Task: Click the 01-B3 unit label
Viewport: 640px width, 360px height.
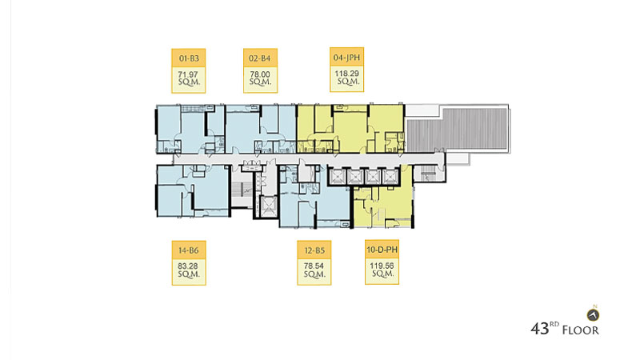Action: pos(189,58)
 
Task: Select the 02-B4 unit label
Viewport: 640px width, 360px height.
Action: pos(260,58)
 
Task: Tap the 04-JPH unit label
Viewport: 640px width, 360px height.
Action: pos(346,58)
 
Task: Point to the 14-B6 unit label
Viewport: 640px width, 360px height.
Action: pos(189,250)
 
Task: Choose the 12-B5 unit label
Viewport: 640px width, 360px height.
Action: pos(314,250)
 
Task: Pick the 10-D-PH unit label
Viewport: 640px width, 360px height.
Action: pos(382,250)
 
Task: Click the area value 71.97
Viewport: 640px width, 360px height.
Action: pos(188,74)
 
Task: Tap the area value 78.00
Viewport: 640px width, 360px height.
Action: pos(260,74)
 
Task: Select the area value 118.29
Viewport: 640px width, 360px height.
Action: pos(347,74)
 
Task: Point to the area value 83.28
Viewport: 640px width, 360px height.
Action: pos(188,266)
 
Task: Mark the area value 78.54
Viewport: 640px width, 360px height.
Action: pos(314,266)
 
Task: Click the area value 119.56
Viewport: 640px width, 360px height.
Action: pos(382,266)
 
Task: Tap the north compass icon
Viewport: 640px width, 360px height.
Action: pos(593,314)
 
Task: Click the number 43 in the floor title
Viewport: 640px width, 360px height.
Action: pos(539,329)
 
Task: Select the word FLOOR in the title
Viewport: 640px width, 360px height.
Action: pos(581,330)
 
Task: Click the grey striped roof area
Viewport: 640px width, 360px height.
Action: pos(457,129)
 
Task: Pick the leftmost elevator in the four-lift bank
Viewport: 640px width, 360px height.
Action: pos(338,176)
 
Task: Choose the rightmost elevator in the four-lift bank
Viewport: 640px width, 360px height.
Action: pos(390,176)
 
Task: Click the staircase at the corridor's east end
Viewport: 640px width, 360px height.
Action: pos(429,174)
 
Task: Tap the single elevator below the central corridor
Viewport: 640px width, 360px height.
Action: pos(268,206)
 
